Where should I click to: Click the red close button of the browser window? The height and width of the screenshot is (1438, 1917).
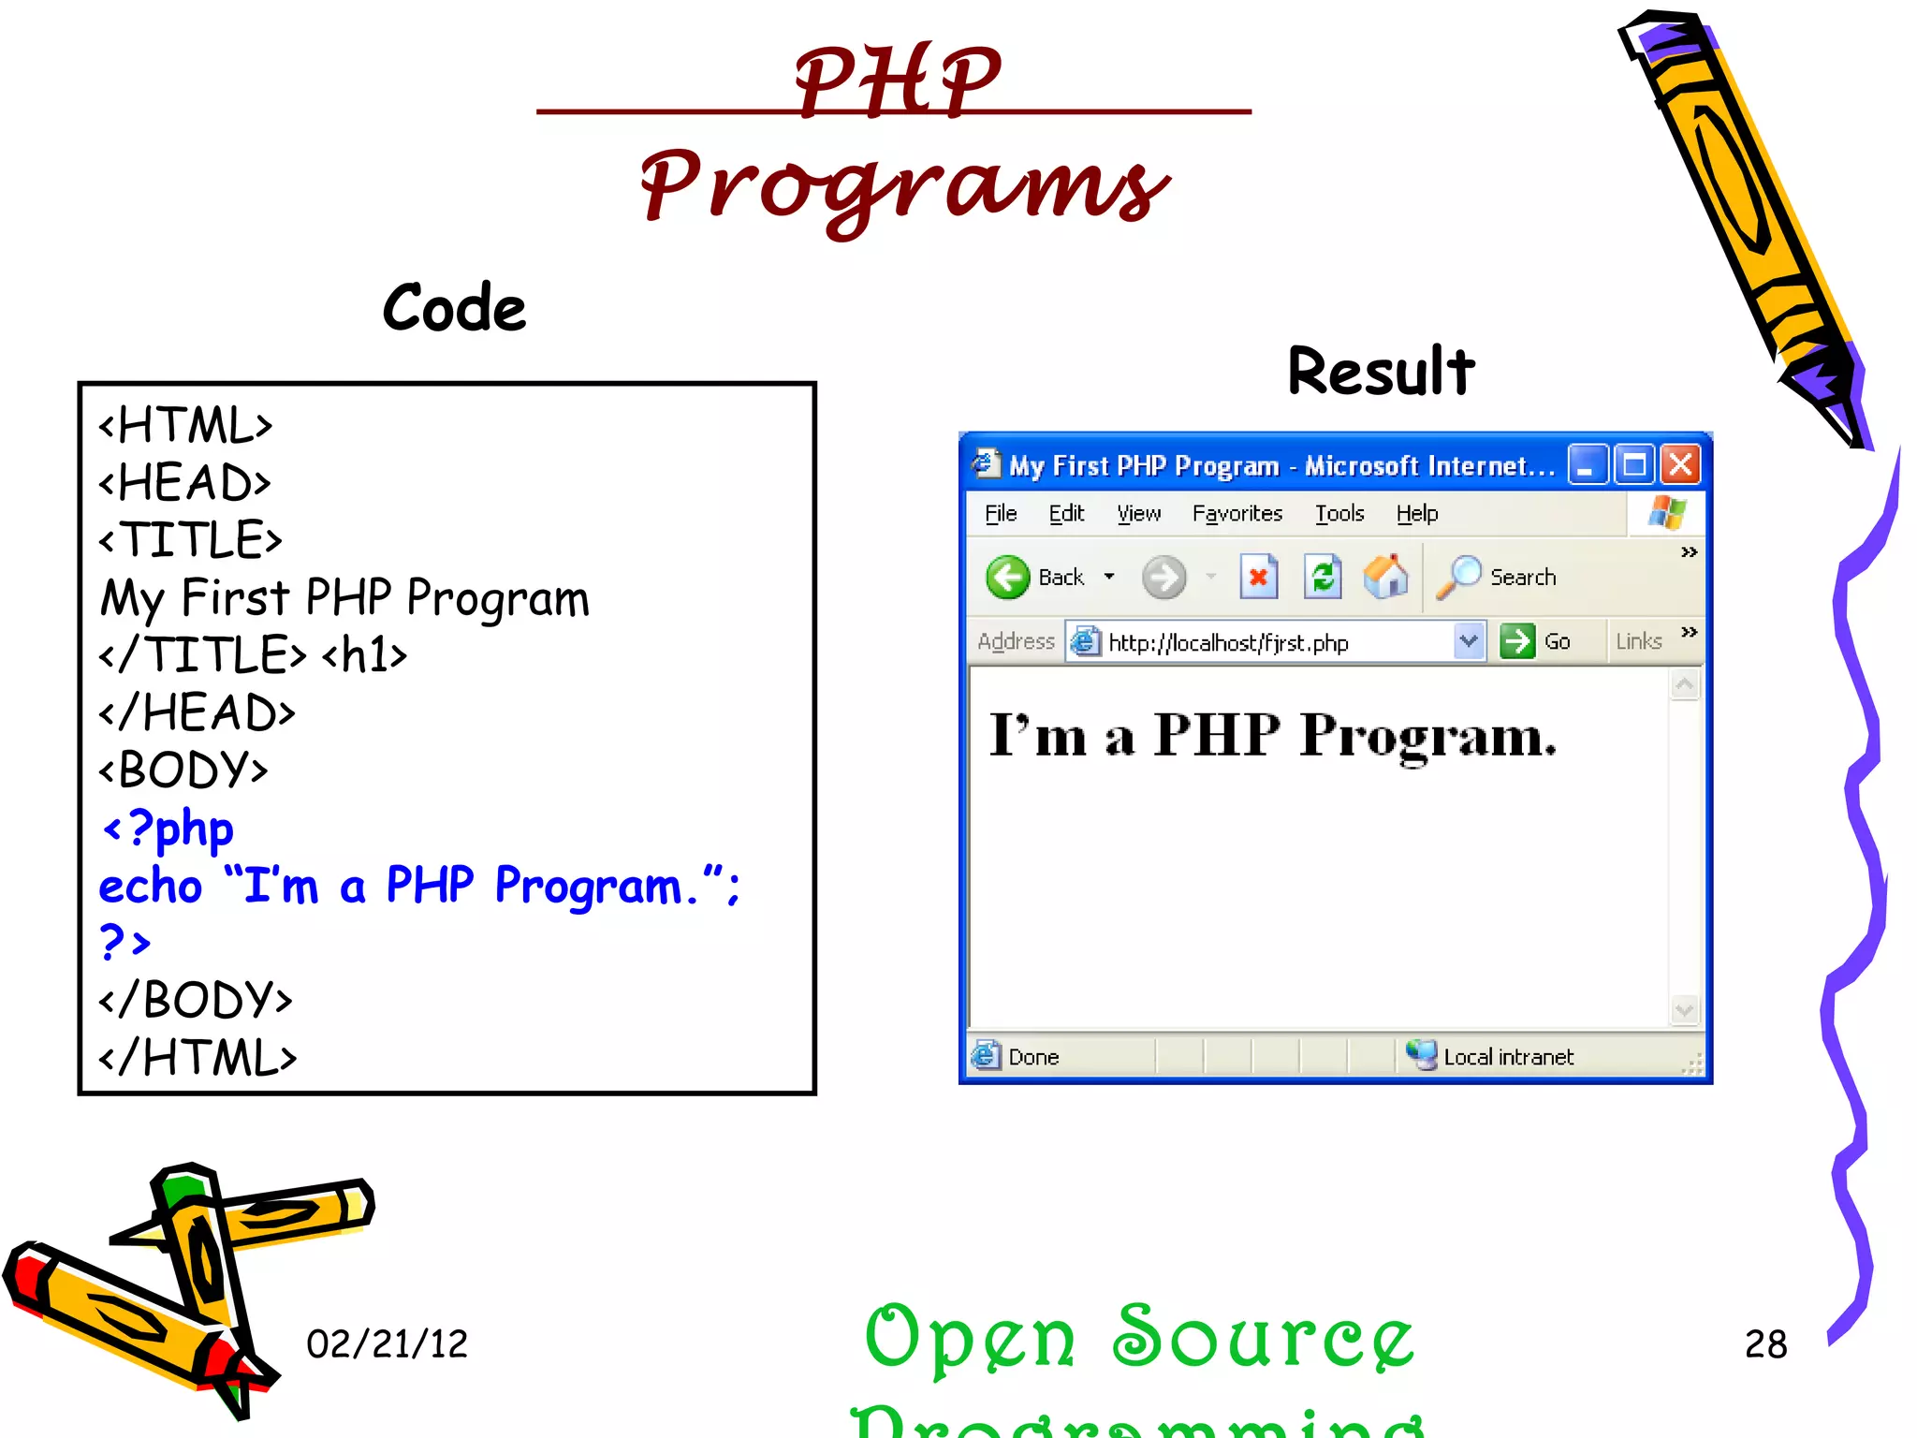click(1681, 464)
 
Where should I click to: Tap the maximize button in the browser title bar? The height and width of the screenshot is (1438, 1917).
click(1634, 464)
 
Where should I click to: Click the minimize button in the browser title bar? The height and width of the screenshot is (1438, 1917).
click(1588, 464)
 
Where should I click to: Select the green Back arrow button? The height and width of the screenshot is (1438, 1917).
click(1008, 577)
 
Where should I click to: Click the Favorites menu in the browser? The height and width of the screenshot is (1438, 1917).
click(1237, 513)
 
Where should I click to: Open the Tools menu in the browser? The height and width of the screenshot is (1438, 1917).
click(1339, 513)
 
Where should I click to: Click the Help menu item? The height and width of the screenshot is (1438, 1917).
click(1416, 513)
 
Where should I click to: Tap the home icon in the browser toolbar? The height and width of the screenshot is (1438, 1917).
click(1385, 577)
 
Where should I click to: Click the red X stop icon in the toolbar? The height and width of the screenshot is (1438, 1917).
click(1259, 577)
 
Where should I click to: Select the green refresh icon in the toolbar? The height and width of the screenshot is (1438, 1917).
click(1323, 577)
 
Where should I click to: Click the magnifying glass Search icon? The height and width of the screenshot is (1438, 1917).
click(1458, 577)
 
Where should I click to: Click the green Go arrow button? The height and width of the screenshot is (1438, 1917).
click(1516, 641)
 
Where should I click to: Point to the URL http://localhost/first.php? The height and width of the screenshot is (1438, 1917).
click(1228, 643)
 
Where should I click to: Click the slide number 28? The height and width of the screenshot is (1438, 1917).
click(1765, 1344)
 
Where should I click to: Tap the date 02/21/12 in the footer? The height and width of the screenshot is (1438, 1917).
click(387, 1344)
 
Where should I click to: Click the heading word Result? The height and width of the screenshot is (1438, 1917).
click(1381, 371)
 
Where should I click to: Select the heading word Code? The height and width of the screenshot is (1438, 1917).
click(454, 308)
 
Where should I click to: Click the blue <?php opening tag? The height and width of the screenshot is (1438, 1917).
click(168, 829)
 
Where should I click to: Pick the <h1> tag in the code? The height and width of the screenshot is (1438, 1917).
click(364, 655)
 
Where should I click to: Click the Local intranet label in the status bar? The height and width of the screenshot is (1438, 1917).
click(1507, 1057)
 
